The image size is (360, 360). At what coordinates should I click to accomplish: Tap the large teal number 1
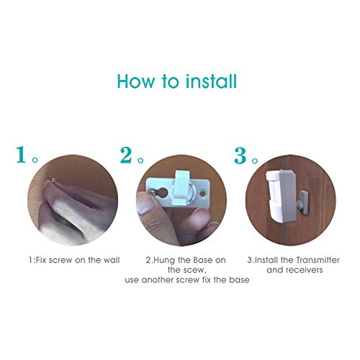click(x=23, y=155)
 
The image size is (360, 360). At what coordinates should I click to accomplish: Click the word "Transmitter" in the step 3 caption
click(x=314, y=259)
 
